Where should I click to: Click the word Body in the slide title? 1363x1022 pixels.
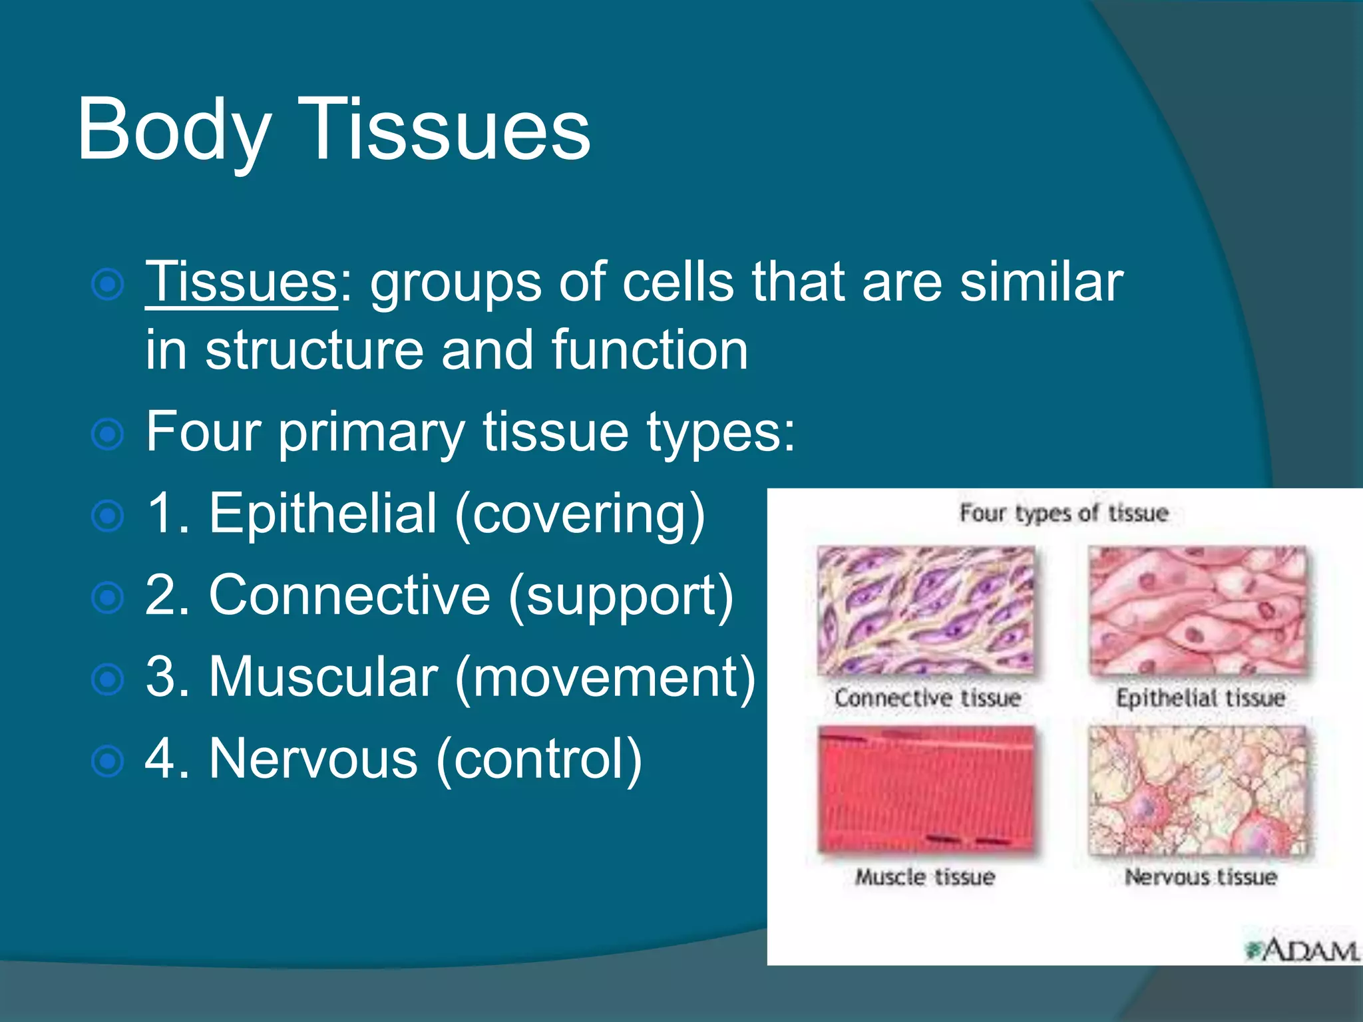click(174, 130)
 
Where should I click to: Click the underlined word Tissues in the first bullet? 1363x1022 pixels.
click(242, 282)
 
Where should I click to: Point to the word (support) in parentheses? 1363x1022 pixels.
click(620, 596)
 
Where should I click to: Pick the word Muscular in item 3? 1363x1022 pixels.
click(323, 677)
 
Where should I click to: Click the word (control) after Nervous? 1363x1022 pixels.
click(538, 759)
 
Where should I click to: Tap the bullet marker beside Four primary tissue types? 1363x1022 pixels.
click(107, 435)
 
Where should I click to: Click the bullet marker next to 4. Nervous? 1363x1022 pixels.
click(107, 761)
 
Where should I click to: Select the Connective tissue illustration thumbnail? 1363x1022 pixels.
click(926, 611)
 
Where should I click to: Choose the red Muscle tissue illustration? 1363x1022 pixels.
click(926, 789)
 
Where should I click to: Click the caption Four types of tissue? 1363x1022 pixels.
click(1064, 513)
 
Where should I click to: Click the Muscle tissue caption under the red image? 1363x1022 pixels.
click(925, 877)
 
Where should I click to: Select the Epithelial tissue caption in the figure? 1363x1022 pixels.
click(1200, 698)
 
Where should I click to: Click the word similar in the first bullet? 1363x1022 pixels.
click(1041, 282)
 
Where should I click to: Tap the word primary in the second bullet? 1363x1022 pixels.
click(371, 432)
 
